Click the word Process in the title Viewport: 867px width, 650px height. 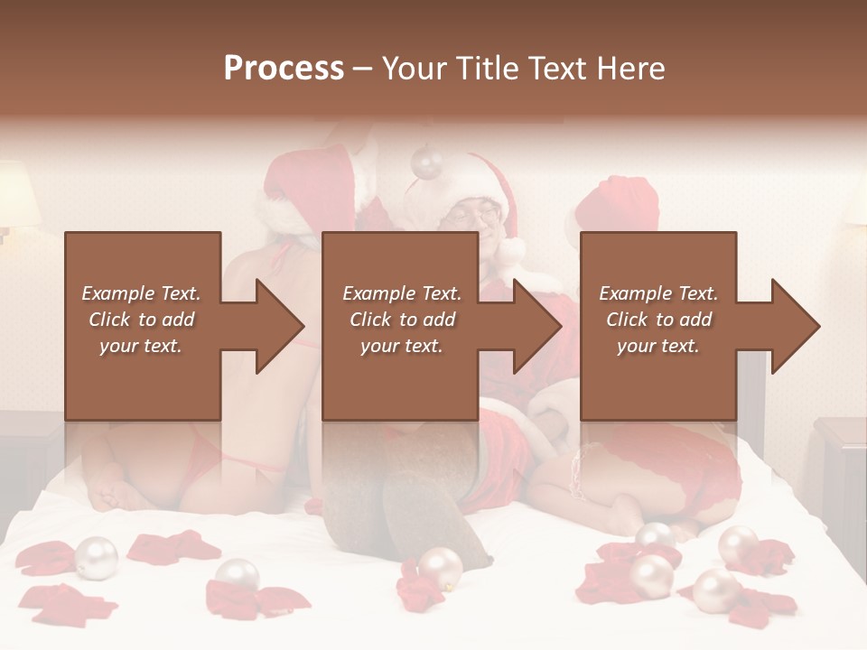(x=284, y=69)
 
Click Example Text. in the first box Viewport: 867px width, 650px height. (x=141, y=293)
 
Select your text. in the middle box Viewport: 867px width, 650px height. (x=401, y=346)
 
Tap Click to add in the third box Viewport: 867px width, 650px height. (x=658, y=320)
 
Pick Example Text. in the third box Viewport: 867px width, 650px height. (x=658, y=293)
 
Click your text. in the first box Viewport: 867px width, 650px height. (x=141, y=346)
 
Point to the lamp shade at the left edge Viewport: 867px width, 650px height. (x=18, y=194)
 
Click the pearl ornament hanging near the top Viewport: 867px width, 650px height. (x=426, y=162)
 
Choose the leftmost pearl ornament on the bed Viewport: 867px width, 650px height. (x=96, y=557)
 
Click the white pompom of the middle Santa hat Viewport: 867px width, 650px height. (x=511, y=249)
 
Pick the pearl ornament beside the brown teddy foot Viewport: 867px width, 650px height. (x=440, y=568)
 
